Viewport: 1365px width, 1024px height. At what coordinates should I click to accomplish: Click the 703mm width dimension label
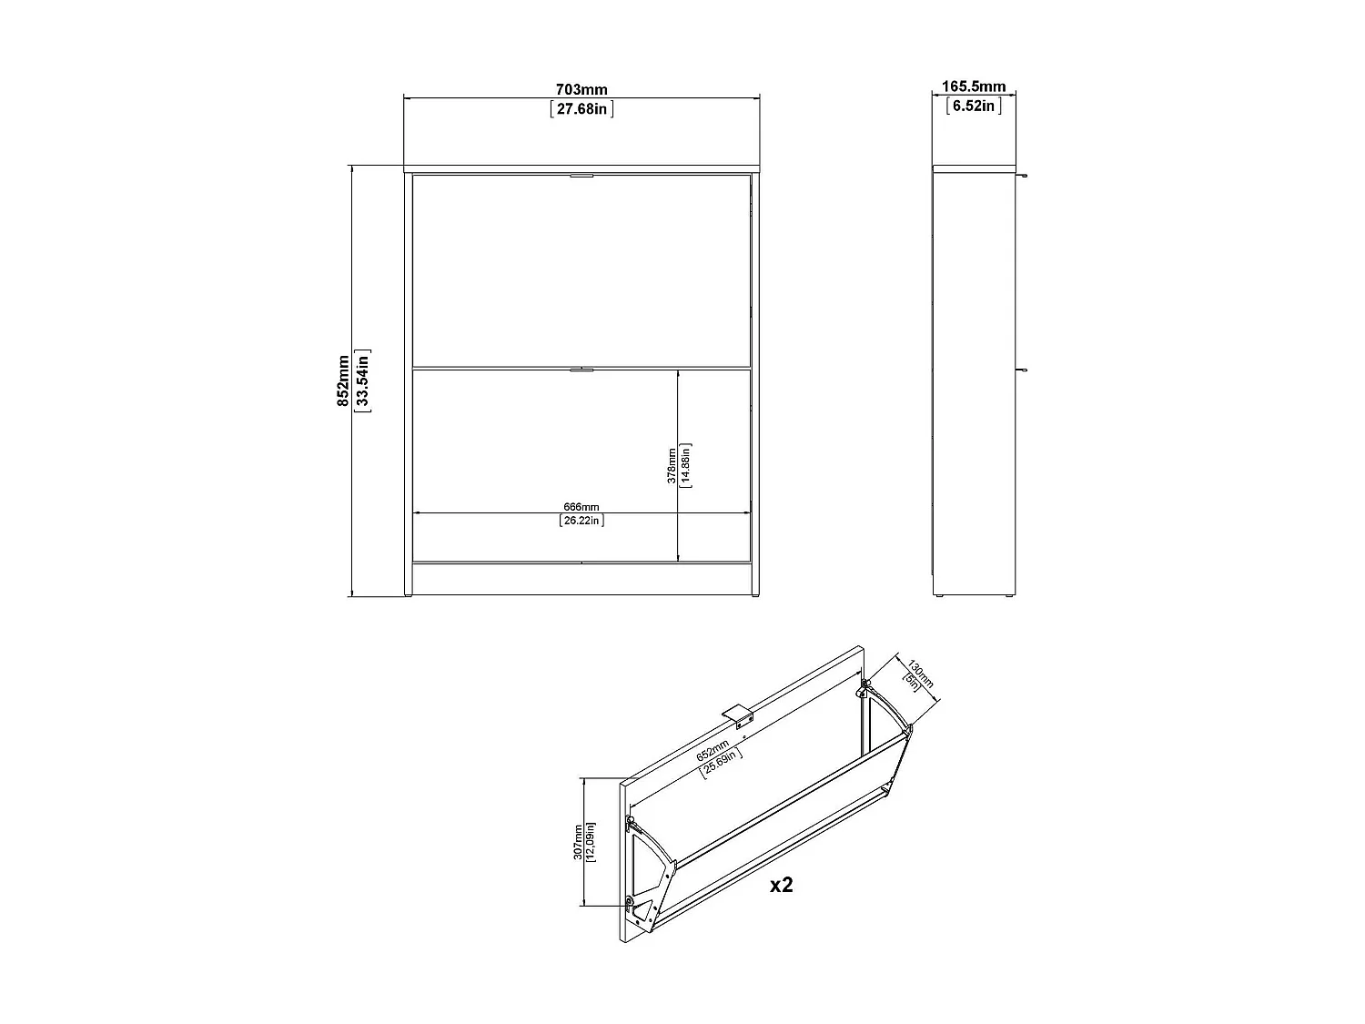coord(581,89)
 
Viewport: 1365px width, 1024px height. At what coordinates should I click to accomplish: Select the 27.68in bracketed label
coord(581,109)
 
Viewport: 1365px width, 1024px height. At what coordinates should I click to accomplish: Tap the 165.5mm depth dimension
coord(973,86)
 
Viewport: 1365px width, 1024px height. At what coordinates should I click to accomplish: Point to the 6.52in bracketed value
coord(973,106)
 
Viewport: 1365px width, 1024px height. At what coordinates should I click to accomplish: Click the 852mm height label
coord(343,380)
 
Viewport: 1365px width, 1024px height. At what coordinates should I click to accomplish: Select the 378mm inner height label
coord(672,465)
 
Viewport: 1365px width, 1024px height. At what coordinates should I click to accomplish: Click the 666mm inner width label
coord(581,507)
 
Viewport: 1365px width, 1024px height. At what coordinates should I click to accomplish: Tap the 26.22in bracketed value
coord(581,521)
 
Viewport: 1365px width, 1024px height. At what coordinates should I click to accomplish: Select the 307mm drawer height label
coord(578,842)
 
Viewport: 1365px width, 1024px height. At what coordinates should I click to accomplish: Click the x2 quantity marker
coord(781,884)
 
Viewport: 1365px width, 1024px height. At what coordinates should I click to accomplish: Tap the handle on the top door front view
coord(581,176)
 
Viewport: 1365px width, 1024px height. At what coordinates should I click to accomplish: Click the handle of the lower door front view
coord(581,370)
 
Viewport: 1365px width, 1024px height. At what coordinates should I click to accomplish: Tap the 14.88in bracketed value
coord(688,465)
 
